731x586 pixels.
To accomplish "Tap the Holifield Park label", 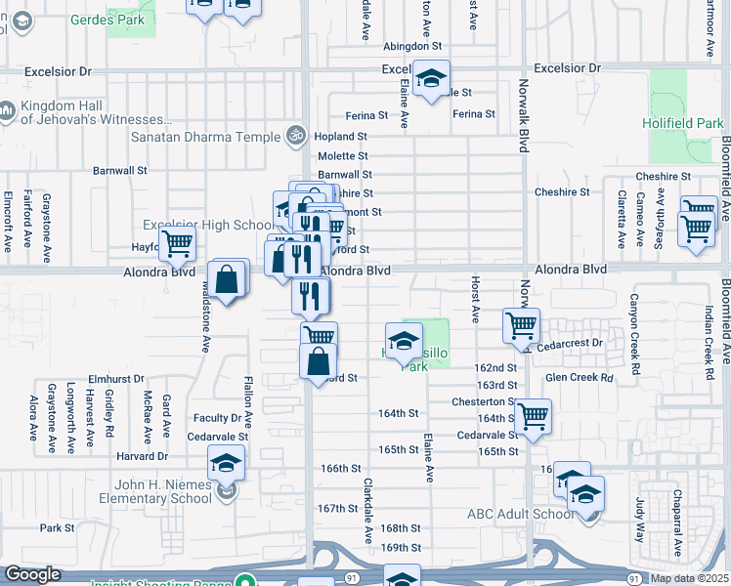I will pyautogui.click(x=683, y=124).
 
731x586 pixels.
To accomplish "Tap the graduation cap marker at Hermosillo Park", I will pyautogui.click(x=404, y=341).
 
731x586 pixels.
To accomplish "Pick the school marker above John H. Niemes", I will pyautogui.click(x=226, y=462).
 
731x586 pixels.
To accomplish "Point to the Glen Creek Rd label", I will pyautogui.click(x=579, y=377).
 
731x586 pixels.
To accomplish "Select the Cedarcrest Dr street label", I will pyautogui.click(x=571, y=344).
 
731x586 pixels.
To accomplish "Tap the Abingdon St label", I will pyautogui.click(x=413, y=46).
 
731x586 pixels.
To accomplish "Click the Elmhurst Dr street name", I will pyautogui.click(x=115, y=377).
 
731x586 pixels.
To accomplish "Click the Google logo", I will pyautogui.click(x=32, y=574).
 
